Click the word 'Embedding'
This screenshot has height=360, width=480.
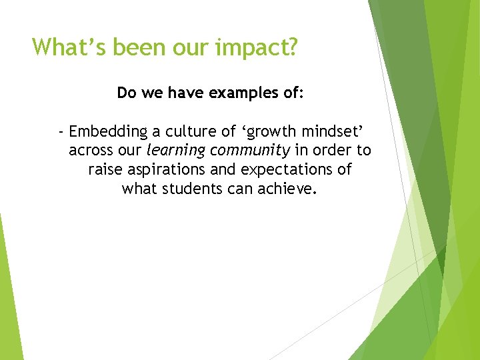click(x=107, y=131)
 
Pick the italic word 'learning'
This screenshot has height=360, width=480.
click(x=175, y=151)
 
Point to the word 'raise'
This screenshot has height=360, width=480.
click(x=105, y=169)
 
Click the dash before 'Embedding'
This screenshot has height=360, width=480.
click(x=61, y=131)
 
